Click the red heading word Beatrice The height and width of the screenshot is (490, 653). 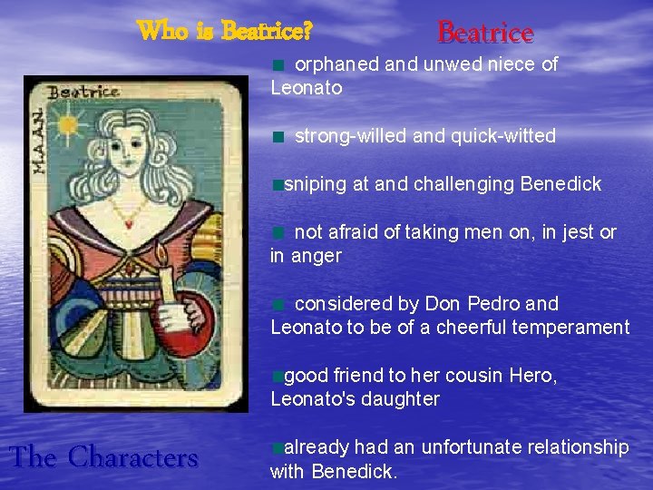pyautogui.click(x=485, y=34)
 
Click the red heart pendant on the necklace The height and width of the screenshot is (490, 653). pyautogui.click(x=132, y=223)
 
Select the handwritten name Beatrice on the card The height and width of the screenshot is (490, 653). pyautogui.click(x=83, y=92)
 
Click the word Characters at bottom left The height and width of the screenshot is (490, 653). pyautogui.click(x=132, y=457)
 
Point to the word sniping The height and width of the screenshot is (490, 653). pyautogui.click(x=316, y=184)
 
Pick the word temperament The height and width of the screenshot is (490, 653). pyautogui.click(x=573, y=328)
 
